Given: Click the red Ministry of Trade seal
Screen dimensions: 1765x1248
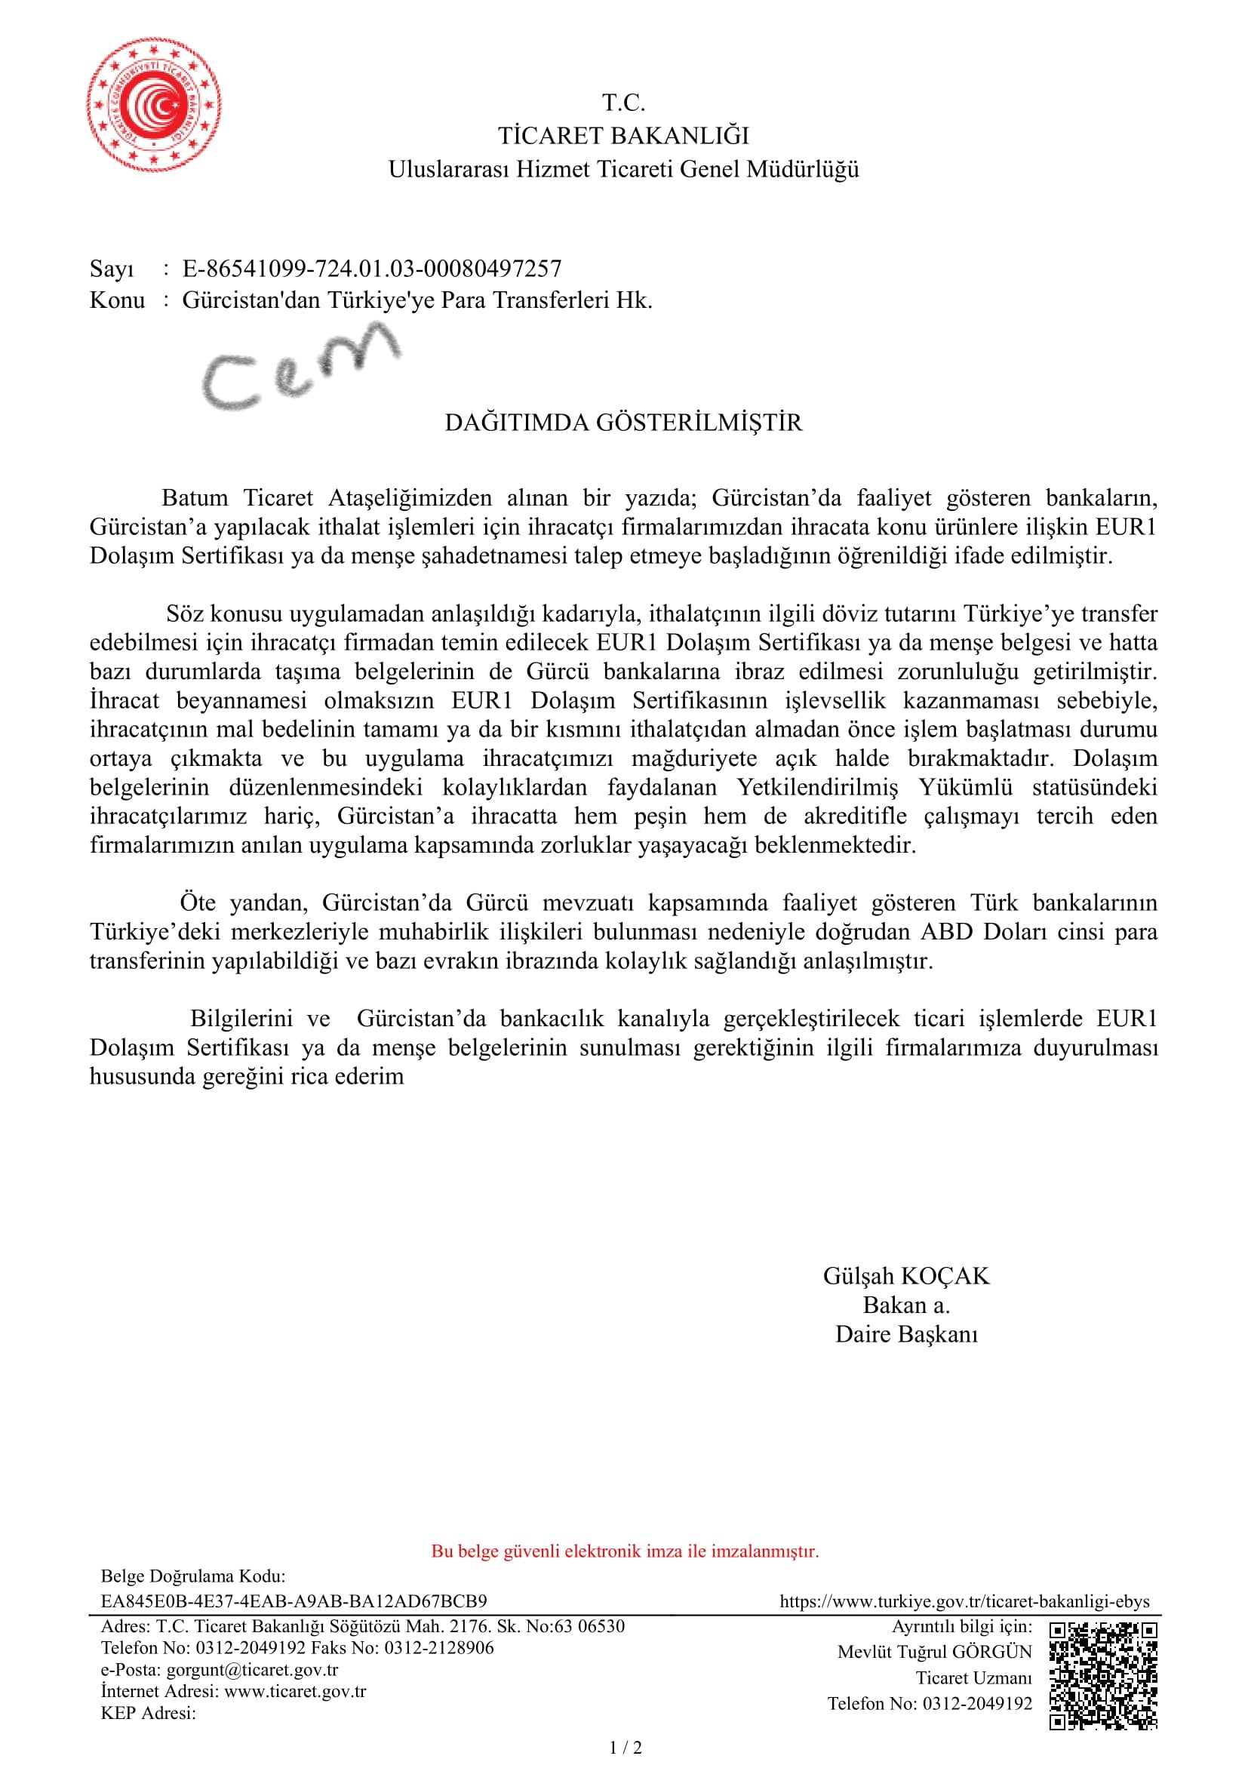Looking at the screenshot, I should click(x=154, y=106).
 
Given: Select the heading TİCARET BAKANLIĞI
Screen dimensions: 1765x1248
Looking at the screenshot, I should click(x=623, y=136).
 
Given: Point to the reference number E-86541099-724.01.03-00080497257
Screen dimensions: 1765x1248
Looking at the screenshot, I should click(x=372, y=269).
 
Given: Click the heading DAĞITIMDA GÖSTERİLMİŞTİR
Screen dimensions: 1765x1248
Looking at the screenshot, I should click(x=623, y=423).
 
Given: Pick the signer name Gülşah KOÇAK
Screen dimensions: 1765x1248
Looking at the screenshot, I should click(x=906, y=1276).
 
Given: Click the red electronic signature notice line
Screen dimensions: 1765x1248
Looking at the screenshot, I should click(x=625, y=1551).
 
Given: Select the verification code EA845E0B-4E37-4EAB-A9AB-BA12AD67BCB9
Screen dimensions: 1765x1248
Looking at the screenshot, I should click(x=294, y=1600).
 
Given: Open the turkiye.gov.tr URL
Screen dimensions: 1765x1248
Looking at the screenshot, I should click(x=964, y=1600).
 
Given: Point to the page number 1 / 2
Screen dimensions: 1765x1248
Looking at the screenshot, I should click(x=625, y=1748).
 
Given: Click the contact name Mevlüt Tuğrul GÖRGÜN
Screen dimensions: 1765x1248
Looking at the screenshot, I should click(x=934, y=1651).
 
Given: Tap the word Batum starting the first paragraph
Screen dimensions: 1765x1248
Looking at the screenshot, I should click(x=195, y=498).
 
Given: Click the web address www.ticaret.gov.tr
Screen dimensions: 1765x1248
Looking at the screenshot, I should click(x=295, y=1690).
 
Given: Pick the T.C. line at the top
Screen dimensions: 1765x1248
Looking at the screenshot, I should click(x=623, y=102).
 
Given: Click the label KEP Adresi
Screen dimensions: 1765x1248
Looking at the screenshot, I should click(x=149, y=1713).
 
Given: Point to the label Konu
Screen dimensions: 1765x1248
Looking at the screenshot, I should click(x=117, y=300).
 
